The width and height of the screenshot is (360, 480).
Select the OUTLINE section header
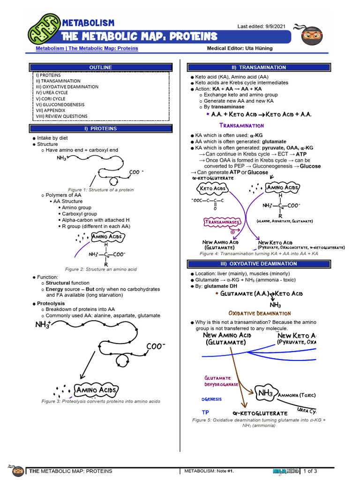pyautogui.click(x=101, y=67)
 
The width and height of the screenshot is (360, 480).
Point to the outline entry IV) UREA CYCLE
pyautogui.click(x=52, y=93)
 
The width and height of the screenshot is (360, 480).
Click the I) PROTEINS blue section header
pyautogui.click(x=101, y=128)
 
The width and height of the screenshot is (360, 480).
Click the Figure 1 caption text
pyautogui.click(x=101, y=190)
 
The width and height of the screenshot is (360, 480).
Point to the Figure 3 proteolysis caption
pyautogui.click(x=101, y=401)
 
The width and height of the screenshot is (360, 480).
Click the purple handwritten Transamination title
pyautogui.click(x=242, y=126)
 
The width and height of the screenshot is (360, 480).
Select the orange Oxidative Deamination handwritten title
pyautogui.click(x=259, y=313)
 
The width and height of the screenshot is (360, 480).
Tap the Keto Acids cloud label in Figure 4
pyautogui.click(x=212, y=189)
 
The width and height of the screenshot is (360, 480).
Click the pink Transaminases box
pyautogui.click(x=222, y=221)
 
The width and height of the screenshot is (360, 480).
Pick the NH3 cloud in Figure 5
pyautogui.click(x=265, y=393)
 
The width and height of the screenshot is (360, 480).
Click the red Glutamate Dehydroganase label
pyautogui.click(x=221, y=381)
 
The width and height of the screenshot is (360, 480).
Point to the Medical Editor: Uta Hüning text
pyautogui.click(x=240, y=48)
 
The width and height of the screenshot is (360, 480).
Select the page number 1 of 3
pyautogui.click(x=310, y=471)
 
